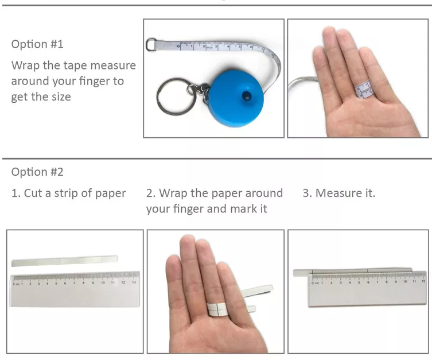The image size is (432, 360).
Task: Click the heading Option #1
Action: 37,44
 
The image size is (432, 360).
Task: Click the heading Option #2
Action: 37,172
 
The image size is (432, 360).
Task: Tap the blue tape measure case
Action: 236,98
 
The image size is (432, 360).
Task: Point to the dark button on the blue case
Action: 247,96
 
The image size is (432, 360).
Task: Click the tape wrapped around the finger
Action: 363,89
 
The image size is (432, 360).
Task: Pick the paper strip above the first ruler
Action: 64,261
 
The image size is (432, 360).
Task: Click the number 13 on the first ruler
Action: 134,282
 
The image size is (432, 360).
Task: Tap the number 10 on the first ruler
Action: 103,282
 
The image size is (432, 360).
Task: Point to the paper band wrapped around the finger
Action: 217,309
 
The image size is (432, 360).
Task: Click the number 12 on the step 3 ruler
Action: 423,281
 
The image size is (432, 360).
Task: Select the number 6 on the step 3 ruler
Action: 368,282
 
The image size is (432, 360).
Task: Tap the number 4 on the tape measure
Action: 228,47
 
